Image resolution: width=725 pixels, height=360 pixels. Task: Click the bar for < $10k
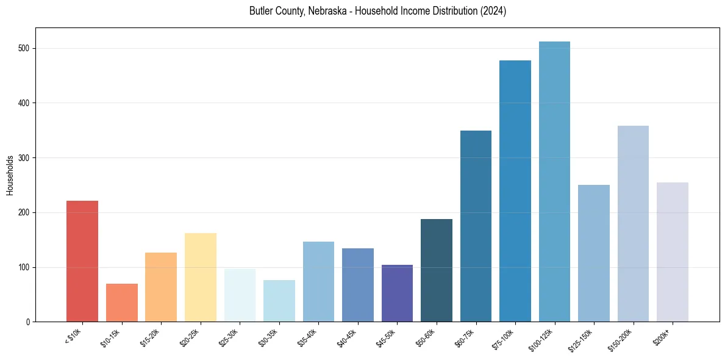[x=82, y=261]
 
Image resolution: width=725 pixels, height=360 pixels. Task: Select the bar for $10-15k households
[x=121, y=303]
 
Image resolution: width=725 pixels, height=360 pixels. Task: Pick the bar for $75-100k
[x=515, y=191]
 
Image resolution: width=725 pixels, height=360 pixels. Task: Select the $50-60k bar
[x=437, y=270]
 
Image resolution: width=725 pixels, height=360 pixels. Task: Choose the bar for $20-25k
[x=201, y=278]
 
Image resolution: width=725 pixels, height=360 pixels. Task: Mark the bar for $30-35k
[x=279, y=301]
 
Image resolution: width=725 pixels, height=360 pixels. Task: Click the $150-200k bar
[x=633, y=224]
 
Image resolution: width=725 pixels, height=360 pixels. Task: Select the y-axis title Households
[x=10, y=175]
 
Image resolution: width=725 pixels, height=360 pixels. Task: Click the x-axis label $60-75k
[x=465, y=337]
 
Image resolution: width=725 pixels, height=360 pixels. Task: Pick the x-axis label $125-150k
[x=582, y=339]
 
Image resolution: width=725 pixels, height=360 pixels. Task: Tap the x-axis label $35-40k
[x=308, y=337]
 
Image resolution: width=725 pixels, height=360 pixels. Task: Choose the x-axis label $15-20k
[x=151, y=337]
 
